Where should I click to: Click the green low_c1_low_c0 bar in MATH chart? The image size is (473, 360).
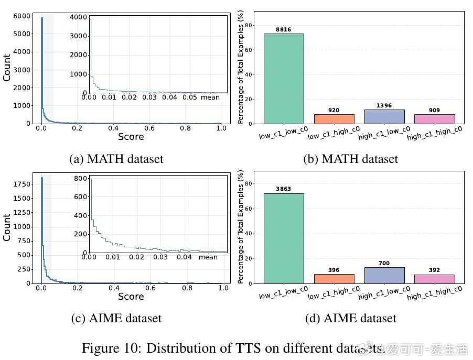click(x=283, y=79)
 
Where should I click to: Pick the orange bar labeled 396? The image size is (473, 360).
click(x=334, y=279)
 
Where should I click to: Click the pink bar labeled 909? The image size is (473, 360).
click(x=434, y=119)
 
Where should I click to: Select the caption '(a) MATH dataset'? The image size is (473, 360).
click(x=116, y=159)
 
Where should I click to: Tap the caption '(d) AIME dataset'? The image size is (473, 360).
click(x=350, y=318)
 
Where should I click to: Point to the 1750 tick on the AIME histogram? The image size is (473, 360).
click(x=24, y=184)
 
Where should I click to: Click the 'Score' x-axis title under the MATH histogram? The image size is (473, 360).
click(x=131, y=137)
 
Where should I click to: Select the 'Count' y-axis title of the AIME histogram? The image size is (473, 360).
click(x=7, y=227)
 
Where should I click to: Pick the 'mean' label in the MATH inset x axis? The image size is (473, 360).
click(x=210, y=97)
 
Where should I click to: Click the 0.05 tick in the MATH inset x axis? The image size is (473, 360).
click(x=189, y=97)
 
